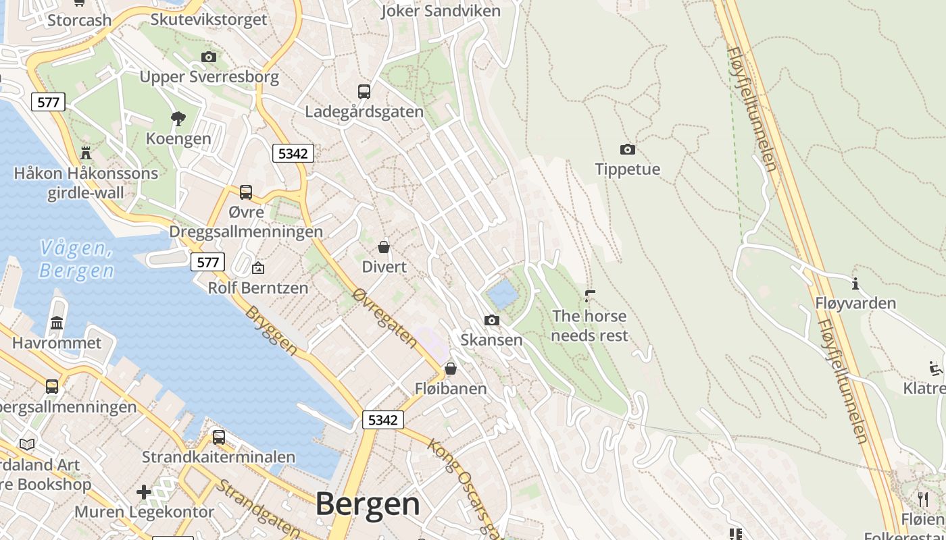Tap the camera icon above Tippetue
[627, 149]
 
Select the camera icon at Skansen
[492, 320]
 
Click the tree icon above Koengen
[178, 119]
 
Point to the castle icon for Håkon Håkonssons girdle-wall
[86, 153]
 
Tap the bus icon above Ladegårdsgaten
[364, 91]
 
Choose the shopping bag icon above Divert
[384, 247]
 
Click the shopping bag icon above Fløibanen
[451, 369]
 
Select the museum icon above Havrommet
[57, 323]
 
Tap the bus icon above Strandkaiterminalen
[218, 437]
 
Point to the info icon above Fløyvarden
[855, 283]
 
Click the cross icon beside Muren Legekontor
[144, 492]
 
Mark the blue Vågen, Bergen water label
[76, 259]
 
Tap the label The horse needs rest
[590, 325]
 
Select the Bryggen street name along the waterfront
[271, 331]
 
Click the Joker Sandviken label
[441, 11]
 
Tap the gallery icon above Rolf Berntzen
[258, 268]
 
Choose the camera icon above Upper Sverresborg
[209, 57]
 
